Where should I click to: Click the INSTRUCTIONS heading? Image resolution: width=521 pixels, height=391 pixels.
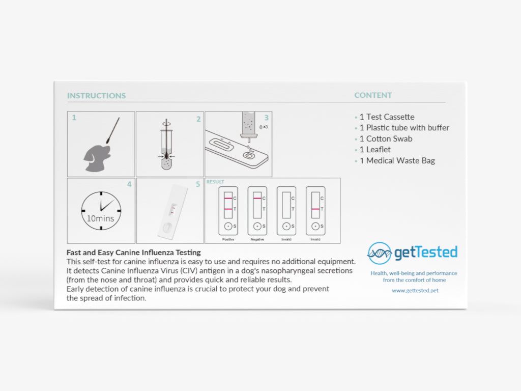point(96,96)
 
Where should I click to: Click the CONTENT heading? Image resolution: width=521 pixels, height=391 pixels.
point(373,95)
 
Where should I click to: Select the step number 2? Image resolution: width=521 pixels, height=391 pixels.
point(198,119)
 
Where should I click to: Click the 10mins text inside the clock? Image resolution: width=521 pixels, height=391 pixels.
point(101,218)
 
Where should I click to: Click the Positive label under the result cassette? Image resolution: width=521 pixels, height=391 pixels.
point(228,239)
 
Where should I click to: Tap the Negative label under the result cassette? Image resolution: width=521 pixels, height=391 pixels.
point(257,239)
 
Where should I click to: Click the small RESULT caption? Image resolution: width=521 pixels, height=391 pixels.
point(215,182)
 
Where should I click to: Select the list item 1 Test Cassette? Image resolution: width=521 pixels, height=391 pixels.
point(387,117)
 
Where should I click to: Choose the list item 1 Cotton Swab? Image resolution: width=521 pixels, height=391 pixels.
point(386,138)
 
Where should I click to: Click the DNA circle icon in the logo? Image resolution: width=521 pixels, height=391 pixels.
point(380,253)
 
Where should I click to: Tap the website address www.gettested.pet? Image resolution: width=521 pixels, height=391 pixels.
point(415,291)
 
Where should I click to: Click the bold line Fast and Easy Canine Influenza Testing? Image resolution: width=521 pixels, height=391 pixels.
point(134,253)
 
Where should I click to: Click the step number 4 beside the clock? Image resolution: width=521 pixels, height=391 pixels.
point(129,184)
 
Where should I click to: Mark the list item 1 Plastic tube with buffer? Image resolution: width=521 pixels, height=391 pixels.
point(404,128)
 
